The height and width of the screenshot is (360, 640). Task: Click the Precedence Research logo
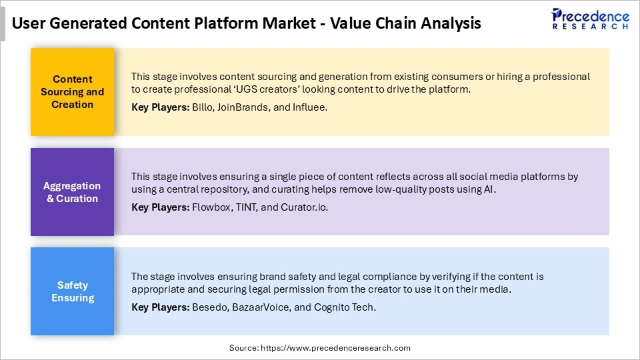[x=589, y=19]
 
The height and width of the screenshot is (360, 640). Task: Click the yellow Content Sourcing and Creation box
[x=73, y=92]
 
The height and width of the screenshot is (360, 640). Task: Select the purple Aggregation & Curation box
[x=73, y=192]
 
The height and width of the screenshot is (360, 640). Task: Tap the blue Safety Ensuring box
[x=73, y=291]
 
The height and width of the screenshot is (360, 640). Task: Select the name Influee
[x=310, y=107]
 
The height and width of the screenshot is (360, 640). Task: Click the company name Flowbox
[x=210, y=207]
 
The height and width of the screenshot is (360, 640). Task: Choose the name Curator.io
[x=303, y=207]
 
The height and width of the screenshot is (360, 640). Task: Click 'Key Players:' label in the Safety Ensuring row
[x=160, y=307]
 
